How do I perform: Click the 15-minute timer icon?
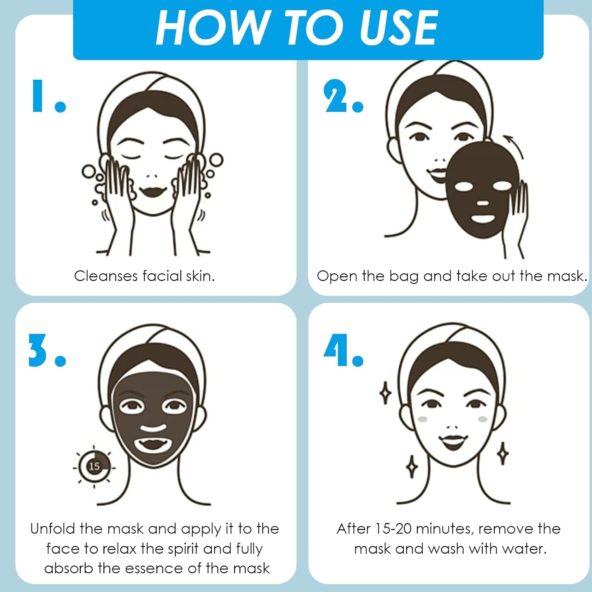click(x=94, y=466)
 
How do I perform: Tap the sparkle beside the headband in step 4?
click(x=385, y=393)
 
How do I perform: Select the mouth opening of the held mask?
click(x=483, y=218)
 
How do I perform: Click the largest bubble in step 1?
click(x=216, y=160)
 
